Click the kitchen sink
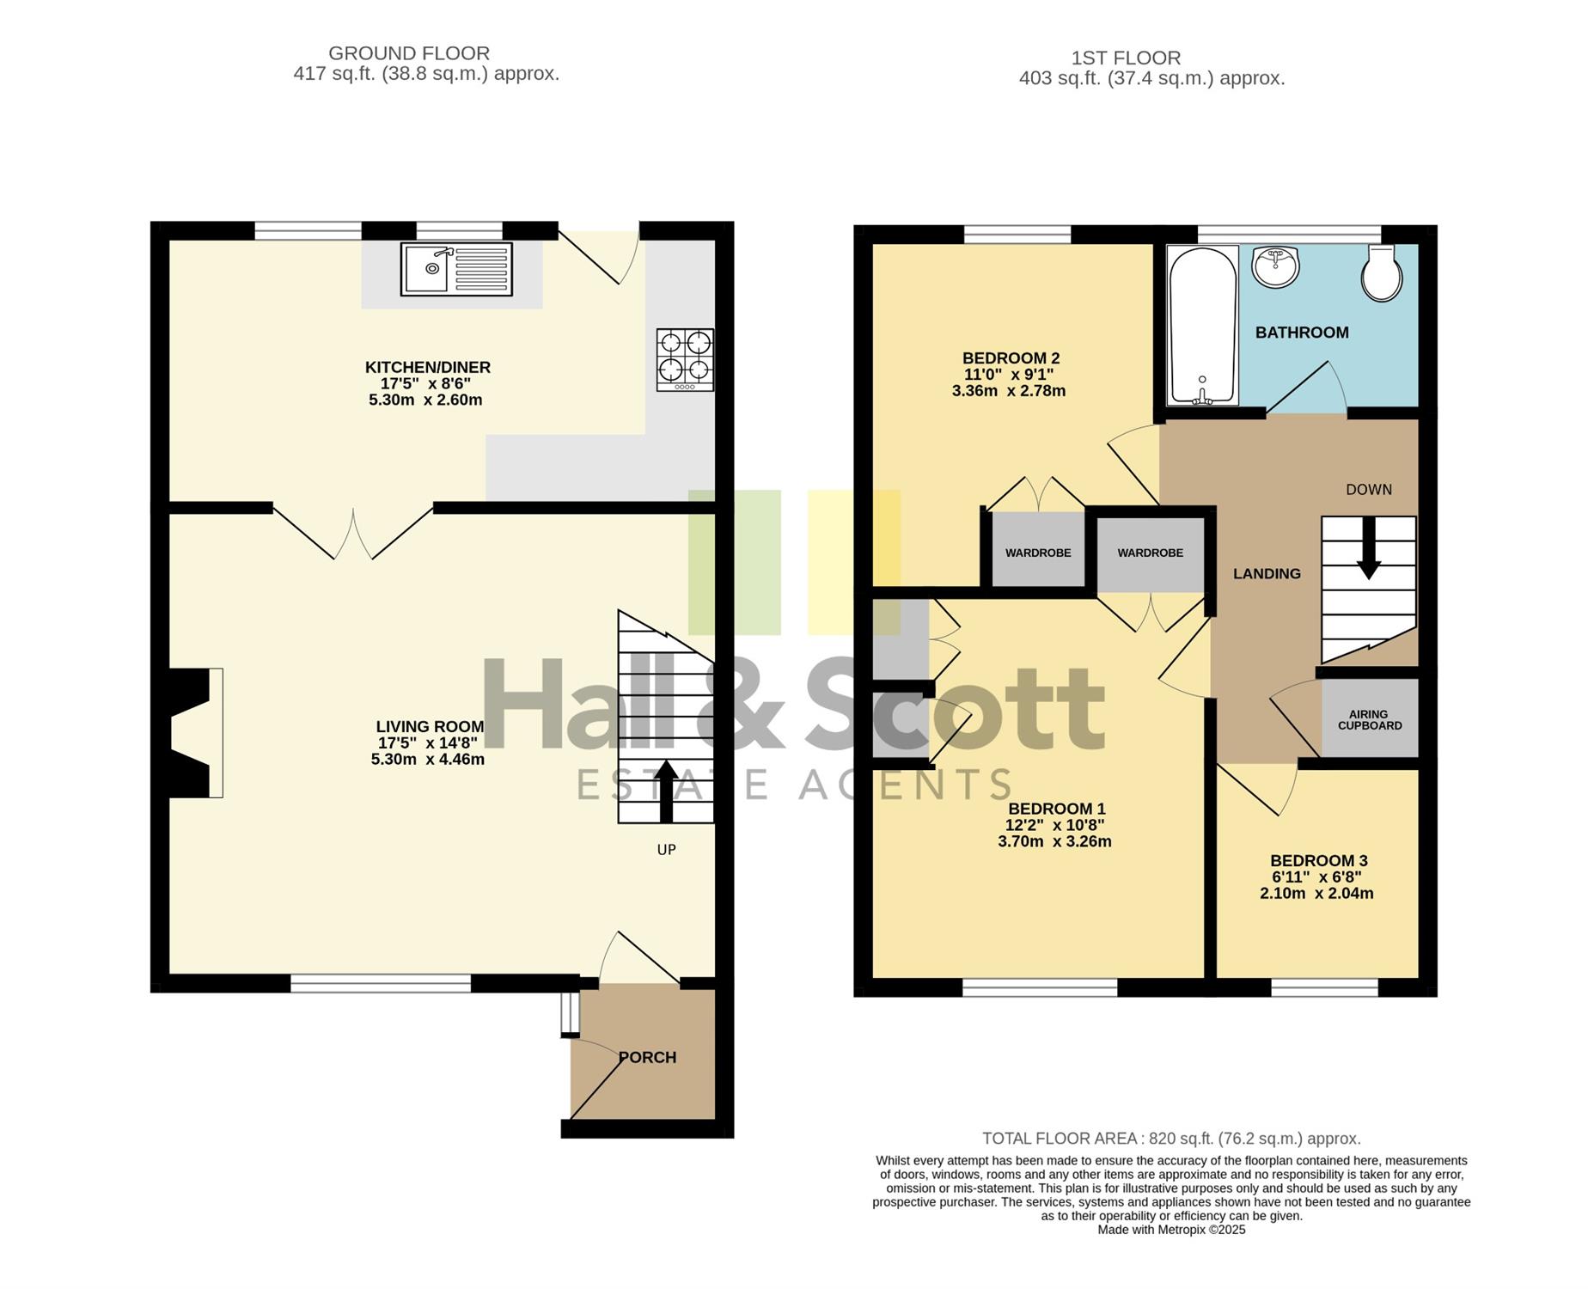point(455,269)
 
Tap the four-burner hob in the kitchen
point(685,360)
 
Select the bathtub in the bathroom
point(1202,326)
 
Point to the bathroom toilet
point(1383,272)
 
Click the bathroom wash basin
point(1276,266)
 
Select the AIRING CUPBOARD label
point(1370,720)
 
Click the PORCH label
point(648,1058)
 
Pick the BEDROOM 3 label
point(1319,861)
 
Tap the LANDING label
point(1267,574)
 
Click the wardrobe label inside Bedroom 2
point(1038,553)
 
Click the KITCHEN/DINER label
point(428,368)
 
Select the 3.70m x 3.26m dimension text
point(1054,841)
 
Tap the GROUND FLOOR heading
point(409,53)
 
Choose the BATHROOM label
point(1302,333)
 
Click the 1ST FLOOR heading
point(1126,58)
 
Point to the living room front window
point(381,983)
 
